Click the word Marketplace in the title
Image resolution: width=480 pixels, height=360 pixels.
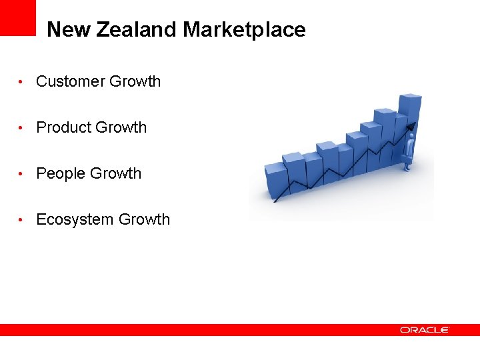(244, 30)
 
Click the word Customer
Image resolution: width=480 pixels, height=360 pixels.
(70, 81)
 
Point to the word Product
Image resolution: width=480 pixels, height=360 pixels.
(63, 127)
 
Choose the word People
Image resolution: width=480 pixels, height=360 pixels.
(61, 173)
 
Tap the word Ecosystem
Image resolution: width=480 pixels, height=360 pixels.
(75, 219)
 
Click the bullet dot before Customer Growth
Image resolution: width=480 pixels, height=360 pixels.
(23, 82)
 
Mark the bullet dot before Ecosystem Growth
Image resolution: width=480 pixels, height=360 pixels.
(23, 220)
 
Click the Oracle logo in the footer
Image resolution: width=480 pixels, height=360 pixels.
(425, 330)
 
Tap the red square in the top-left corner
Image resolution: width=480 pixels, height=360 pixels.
(18, 17)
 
